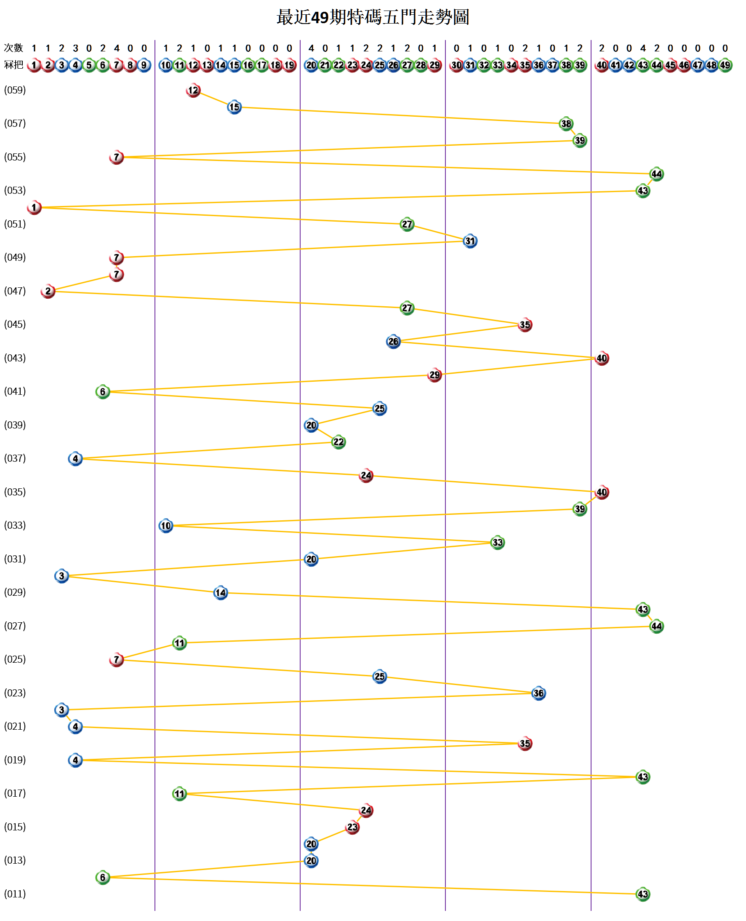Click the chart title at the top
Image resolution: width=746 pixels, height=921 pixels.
coord(373,17)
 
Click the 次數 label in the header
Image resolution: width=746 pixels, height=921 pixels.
coord(13,48)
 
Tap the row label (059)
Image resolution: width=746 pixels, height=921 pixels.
coord(15,90)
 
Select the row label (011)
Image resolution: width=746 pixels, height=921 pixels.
coord(15,894)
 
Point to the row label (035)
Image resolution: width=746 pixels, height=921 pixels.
coord(15,492)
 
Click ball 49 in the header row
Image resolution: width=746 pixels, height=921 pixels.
coord(725,65)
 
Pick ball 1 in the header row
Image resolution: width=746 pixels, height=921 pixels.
coord(34,65)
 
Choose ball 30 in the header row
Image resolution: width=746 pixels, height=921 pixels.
coord(456,65)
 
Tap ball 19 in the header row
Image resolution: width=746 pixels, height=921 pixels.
coord(290,65)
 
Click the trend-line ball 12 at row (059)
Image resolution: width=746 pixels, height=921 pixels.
coord(193,90)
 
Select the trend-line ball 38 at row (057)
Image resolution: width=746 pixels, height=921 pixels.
coord(566,124)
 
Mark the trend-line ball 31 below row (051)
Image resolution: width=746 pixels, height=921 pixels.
coord(470,241)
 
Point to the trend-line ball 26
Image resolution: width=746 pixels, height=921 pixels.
coord(393,341)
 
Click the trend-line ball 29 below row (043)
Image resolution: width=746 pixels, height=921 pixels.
coord(434,375)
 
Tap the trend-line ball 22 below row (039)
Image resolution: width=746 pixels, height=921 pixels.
coord(338,442)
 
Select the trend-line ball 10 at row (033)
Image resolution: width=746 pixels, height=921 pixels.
coord(166,525)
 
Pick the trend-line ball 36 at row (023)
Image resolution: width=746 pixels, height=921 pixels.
coord(538,693)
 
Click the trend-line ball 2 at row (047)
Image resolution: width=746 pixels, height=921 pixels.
coord(48,292)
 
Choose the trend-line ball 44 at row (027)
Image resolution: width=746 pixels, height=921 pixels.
coord(656,626)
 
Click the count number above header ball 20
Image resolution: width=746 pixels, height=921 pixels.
coord(311,48)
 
